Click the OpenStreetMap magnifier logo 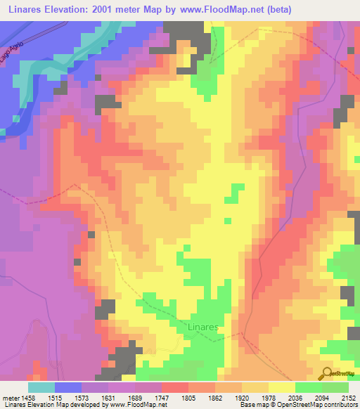point(327,374)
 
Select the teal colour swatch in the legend point(41,387)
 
